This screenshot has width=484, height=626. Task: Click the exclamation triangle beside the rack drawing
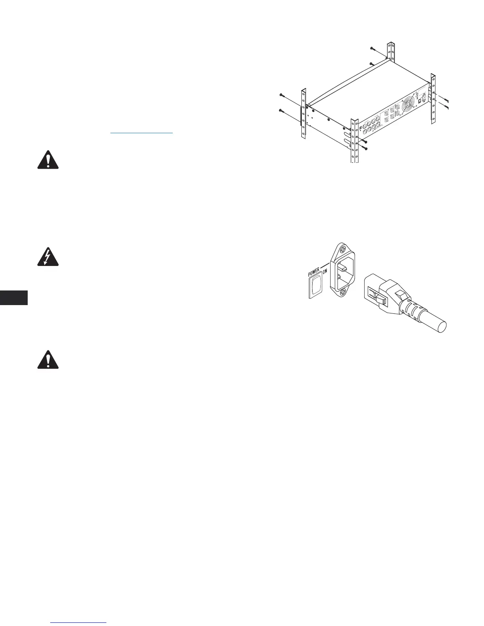(47, 160)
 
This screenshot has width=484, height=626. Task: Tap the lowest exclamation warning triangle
(47, 360)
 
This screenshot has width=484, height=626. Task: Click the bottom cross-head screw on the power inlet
(343, 292)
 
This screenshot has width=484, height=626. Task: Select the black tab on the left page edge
(14, 298)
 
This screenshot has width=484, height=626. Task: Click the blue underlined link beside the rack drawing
(142, 133)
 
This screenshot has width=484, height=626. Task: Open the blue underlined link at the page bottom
(79, 622)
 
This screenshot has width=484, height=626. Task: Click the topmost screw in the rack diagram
(372, 48)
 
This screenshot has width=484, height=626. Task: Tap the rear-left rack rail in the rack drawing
(303, 115)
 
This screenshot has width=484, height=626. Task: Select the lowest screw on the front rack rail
(366, 149)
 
